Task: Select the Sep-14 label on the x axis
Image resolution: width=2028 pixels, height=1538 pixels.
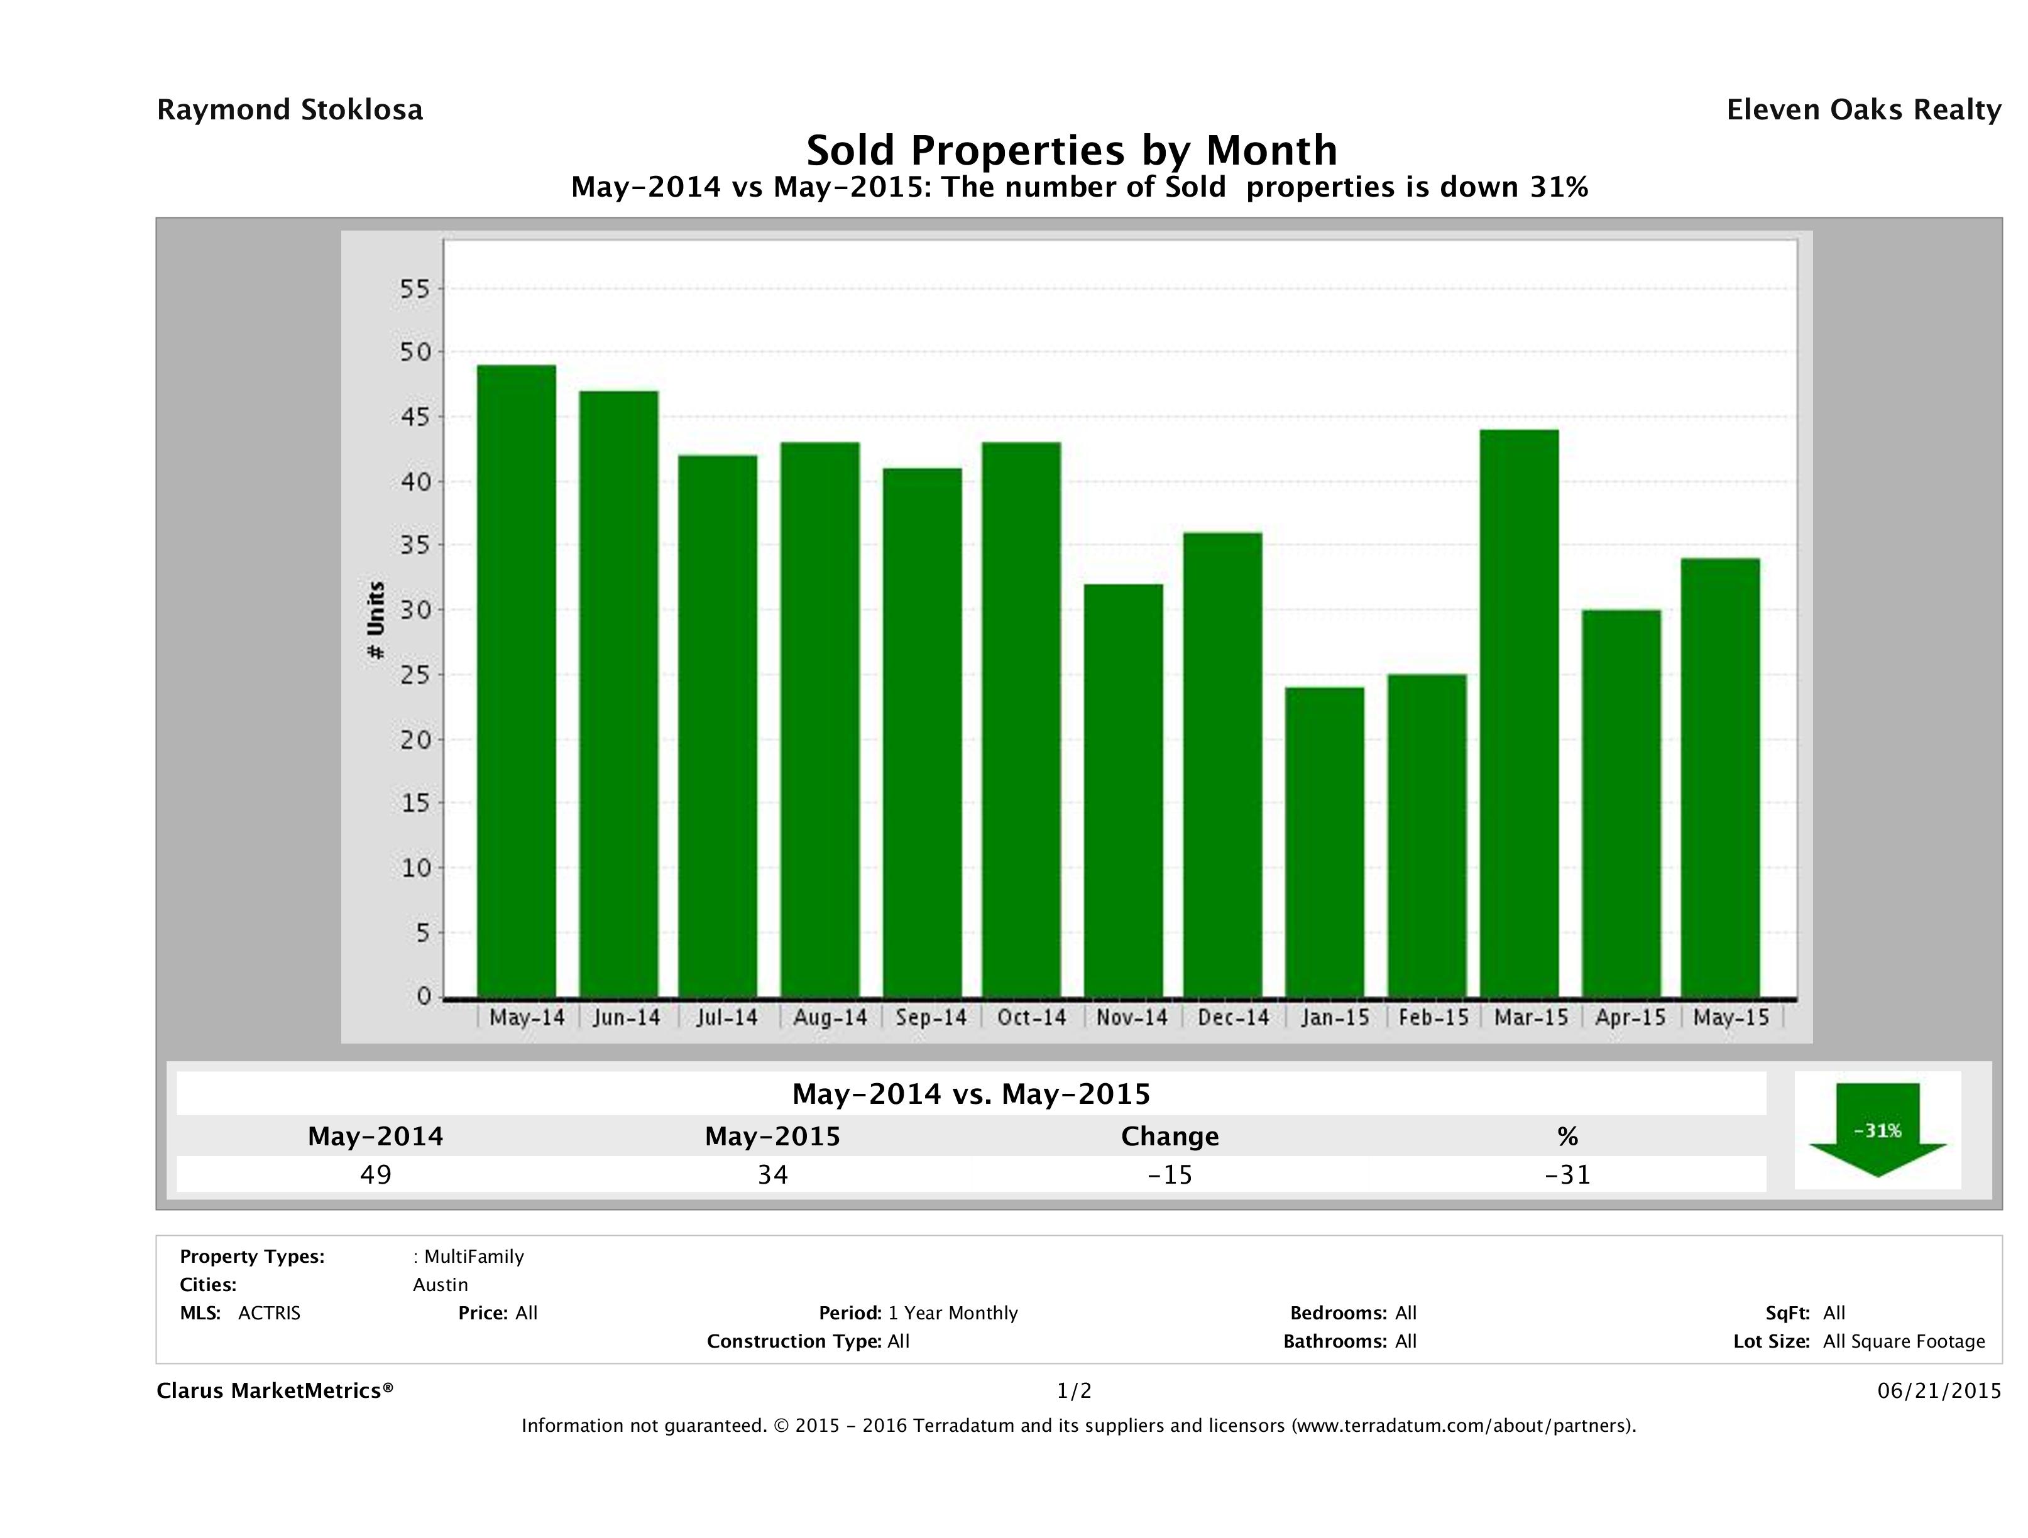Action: (x=931, y=1017)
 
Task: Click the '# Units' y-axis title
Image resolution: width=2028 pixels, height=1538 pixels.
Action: (x=375, y=621)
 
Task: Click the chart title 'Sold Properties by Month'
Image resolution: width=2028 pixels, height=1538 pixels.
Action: (x=1071, y=150)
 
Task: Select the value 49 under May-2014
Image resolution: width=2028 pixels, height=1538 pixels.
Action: (x=376, y=1174)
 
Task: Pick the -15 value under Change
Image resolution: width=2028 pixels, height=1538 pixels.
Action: (x=1170, y=1174)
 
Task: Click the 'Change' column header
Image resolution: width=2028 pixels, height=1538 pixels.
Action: (x=1170, y=1137)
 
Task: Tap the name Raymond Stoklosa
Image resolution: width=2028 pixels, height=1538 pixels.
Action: (x=290, y=110)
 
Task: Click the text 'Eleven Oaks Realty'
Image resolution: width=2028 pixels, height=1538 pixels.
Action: (x=1863, y=110)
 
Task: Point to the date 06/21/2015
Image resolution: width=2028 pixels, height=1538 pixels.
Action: (x=1939, y=1392)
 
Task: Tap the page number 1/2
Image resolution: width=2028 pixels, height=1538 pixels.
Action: (x=1073, y=1392)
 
